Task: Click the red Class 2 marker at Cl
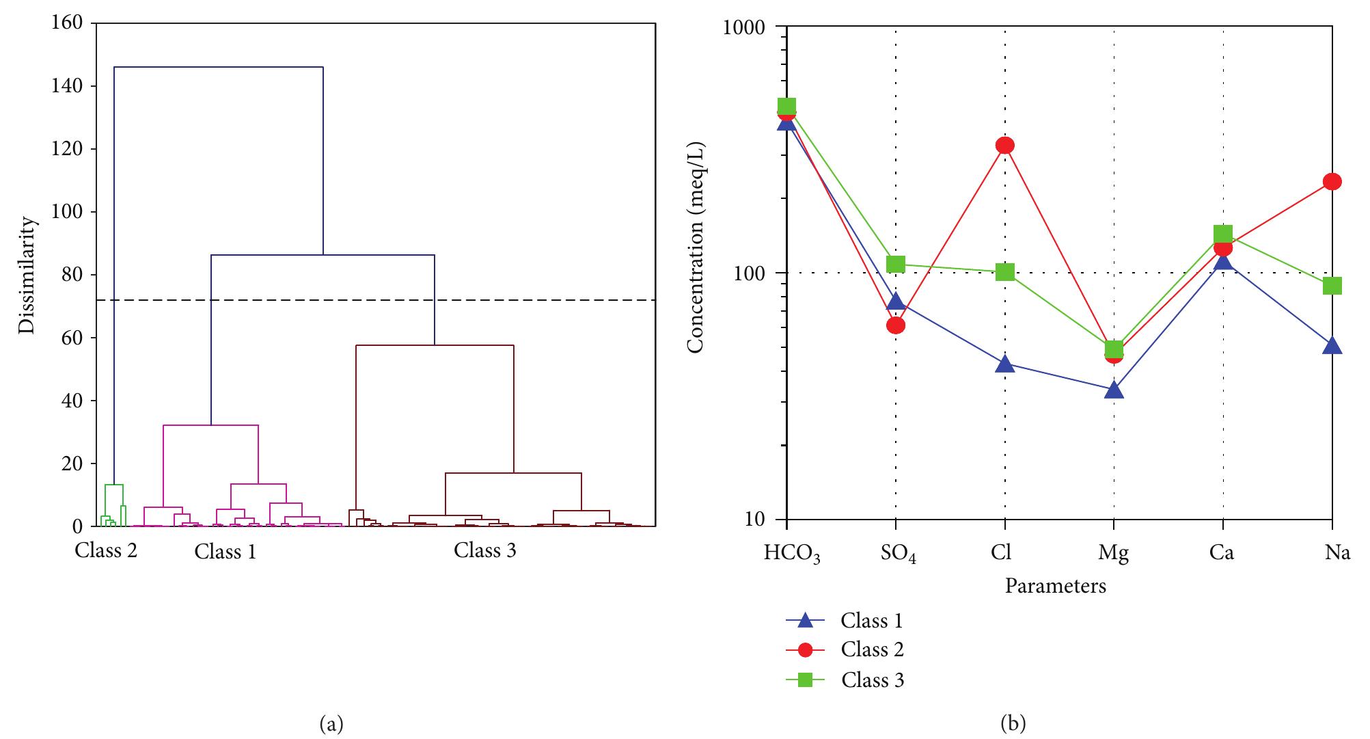coord(1004,145)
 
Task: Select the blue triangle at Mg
coord(1114,390)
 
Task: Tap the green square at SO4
coord(896,264)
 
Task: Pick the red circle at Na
coord(1332,181)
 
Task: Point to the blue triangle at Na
coord(1332,345)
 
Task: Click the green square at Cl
coord(1004,272)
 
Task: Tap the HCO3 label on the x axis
coord(791,553)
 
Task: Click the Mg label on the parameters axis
coord(1113,553)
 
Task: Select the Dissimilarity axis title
coord(27,275)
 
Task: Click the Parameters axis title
coord(1055,586)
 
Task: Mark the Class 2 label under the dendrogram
coord(106,550)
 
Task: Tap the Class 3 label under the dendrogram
coord(484,550)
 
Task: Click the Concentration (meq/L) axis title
coord(696,247)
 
